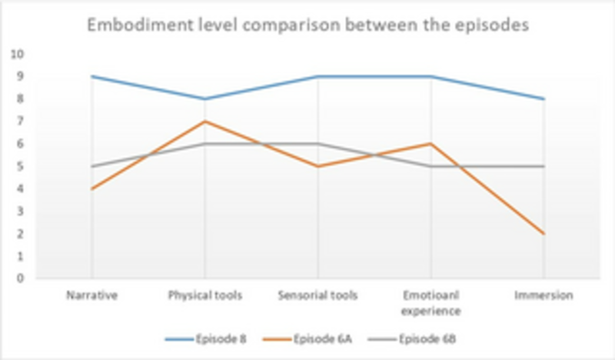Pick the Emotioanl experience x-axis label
430,303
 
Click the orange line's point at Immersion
544,234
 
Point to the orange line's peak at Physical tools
204,122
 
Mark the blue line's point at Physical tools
204,99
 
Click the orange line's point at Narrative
91,188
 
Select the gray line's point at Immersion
544,166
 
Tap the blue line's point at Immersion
544,99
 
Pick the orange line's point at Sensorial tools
317,166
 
